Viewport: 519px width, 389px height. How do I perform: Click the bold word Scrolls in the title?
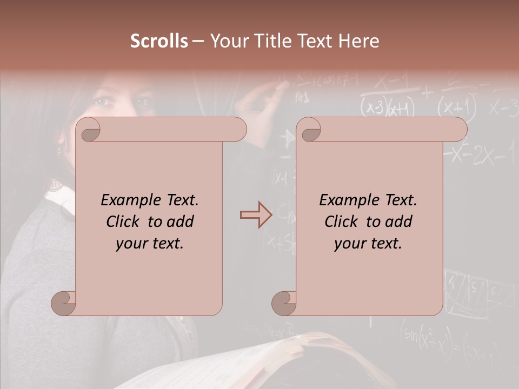click(x=159, y=41)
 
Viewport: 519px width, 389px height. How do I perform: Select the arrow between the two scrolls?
click(x=256, y=215)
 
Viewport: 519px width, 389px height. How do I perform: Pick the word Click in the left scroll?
click(x=124, y=222)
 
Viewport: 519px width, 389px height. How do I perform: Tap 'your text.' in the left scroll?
click(x=150, y=244)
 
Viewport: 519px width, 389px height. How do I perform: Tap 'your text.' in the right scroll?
click(x=368, y=244)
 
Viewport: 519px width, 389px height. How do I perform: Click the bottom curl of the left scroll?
click(x=64, y=303)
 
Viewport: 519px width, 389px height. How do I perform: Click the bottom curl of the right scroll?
click(x=284, y=303)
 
